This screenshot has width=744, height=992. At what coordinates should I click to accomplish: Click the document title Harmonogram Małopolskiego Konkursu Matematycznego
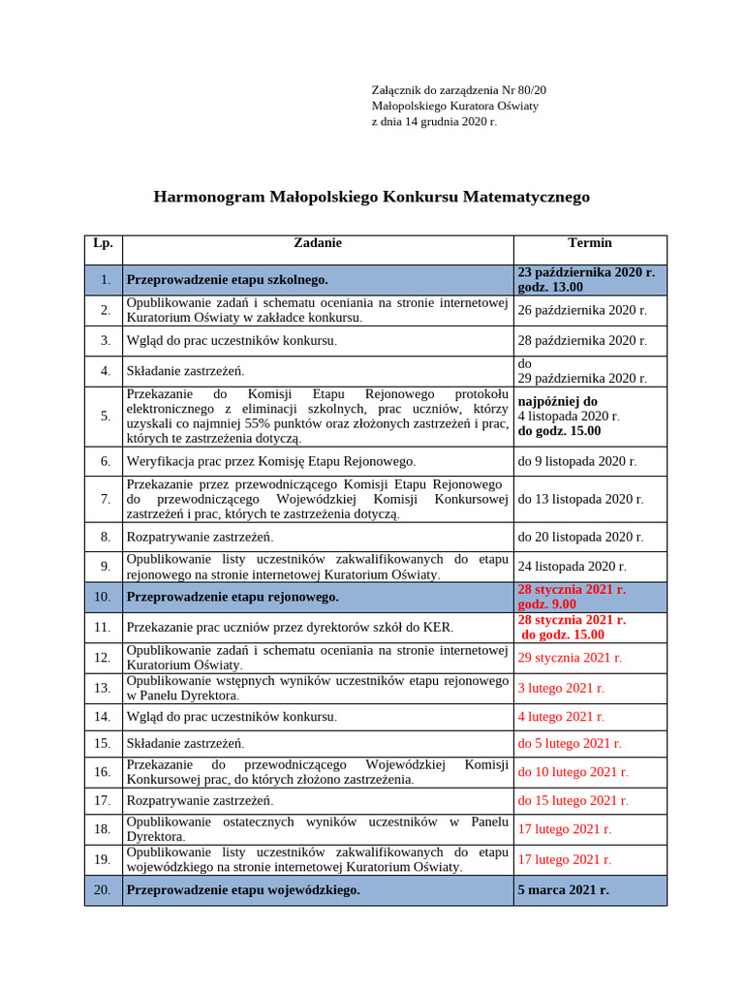click(x=371, y=197)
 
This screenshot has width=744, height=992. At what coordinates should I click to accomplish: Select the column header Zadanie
click(x=318, y=243)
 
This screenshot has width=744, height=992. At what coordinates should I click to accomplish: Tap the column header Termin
click(x=589, y=243)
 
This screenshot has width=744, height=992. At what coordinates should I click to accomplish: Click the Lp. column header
click(x=103, y=243)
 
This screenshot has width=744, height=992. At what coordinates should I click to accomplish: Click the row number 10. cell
click(x=103, y=597)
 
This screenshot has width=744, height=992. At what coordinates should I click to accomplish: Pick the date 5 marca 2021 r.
click(x=563, y=889)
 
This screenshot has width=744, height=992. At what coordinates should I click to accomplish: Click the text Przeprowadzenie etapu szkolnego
click(x=227, y=280)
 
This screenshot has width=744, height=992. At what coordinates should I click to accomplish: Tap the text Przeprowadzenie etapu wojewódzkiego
click(x=243, y=889)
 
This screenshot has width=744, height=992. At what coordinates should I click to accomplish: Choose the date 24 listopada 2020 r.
click(x=572, y=566)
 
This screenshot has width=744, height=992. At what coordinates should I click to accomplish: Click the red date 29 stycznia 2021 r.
click(x=570, y=657)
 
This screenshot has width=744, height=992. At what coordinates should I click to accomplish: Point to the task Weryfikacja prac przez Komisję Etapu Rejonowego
click(x=271, y=461)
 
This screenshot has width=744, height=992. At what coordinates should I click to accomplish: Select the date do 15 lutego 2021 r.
click(x=573, y=800)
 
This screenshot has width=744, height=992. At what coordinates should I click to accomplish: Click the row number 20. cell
click(x=103, y=889)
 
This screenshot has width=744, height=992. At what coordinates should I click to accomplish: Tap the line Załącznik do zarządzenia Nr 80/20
click(x=465, y=89)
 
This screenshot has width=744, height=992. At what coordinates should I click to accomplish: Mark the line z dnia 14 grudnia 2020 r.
click(x=434, y=122)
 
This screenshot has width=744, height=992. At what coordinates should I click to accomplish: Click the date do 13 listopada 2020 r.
click(x=580, y=499)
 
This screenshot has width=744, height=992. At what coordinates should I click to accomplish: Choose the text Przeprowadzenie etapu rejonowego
click(x=232, y=597)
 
